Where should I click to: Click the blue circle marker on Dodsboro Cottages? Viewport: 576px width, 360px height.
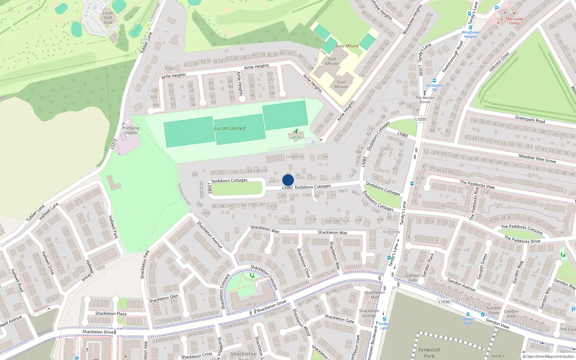(288, 180)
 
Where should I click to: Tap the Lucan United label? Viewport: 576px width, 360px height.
(230, 128)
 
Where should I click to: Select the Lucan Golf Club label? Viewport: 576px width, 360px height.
(108, 18)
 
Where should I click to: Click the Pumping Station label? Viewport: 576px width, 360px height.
(131, 130)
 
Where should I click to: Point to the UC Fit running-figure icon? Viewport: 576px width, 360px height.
(296, 131)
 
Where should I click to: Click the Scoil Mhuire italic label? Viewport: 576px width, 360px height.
(347, 46)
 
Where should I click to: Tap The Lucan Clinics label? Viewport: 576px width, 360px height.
(514, 21)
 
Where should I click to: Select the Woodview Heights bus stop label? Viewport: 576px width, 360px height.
(470, 35)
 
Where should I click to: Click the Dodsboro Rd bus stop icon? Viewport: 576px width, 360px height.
(435, 81)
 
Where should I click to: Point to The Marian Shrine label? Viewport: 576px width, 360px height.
(425, 100)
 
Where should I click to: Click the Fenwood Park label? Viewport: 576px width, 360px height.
(429, 352)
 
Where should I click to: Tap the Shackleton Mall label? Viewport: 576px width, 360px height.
(374, 295)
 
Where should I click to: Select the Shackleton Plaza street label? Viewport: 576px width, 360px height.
(111, 314)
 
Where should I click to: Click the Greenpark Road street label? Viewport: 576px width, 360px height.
(530, 120)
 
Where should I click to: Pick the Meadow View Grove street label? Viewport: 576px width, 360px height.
(537, 158)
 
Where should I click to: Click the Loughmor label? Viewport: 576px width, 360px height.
(294, 157)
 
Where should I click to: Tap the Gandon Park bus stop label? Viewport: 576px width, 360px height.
(468, 321)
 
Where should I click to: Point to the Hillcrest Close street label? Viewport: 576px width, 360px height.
(499, 62)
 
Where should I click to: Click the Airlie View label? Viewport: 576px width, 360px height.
(391, 232)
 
